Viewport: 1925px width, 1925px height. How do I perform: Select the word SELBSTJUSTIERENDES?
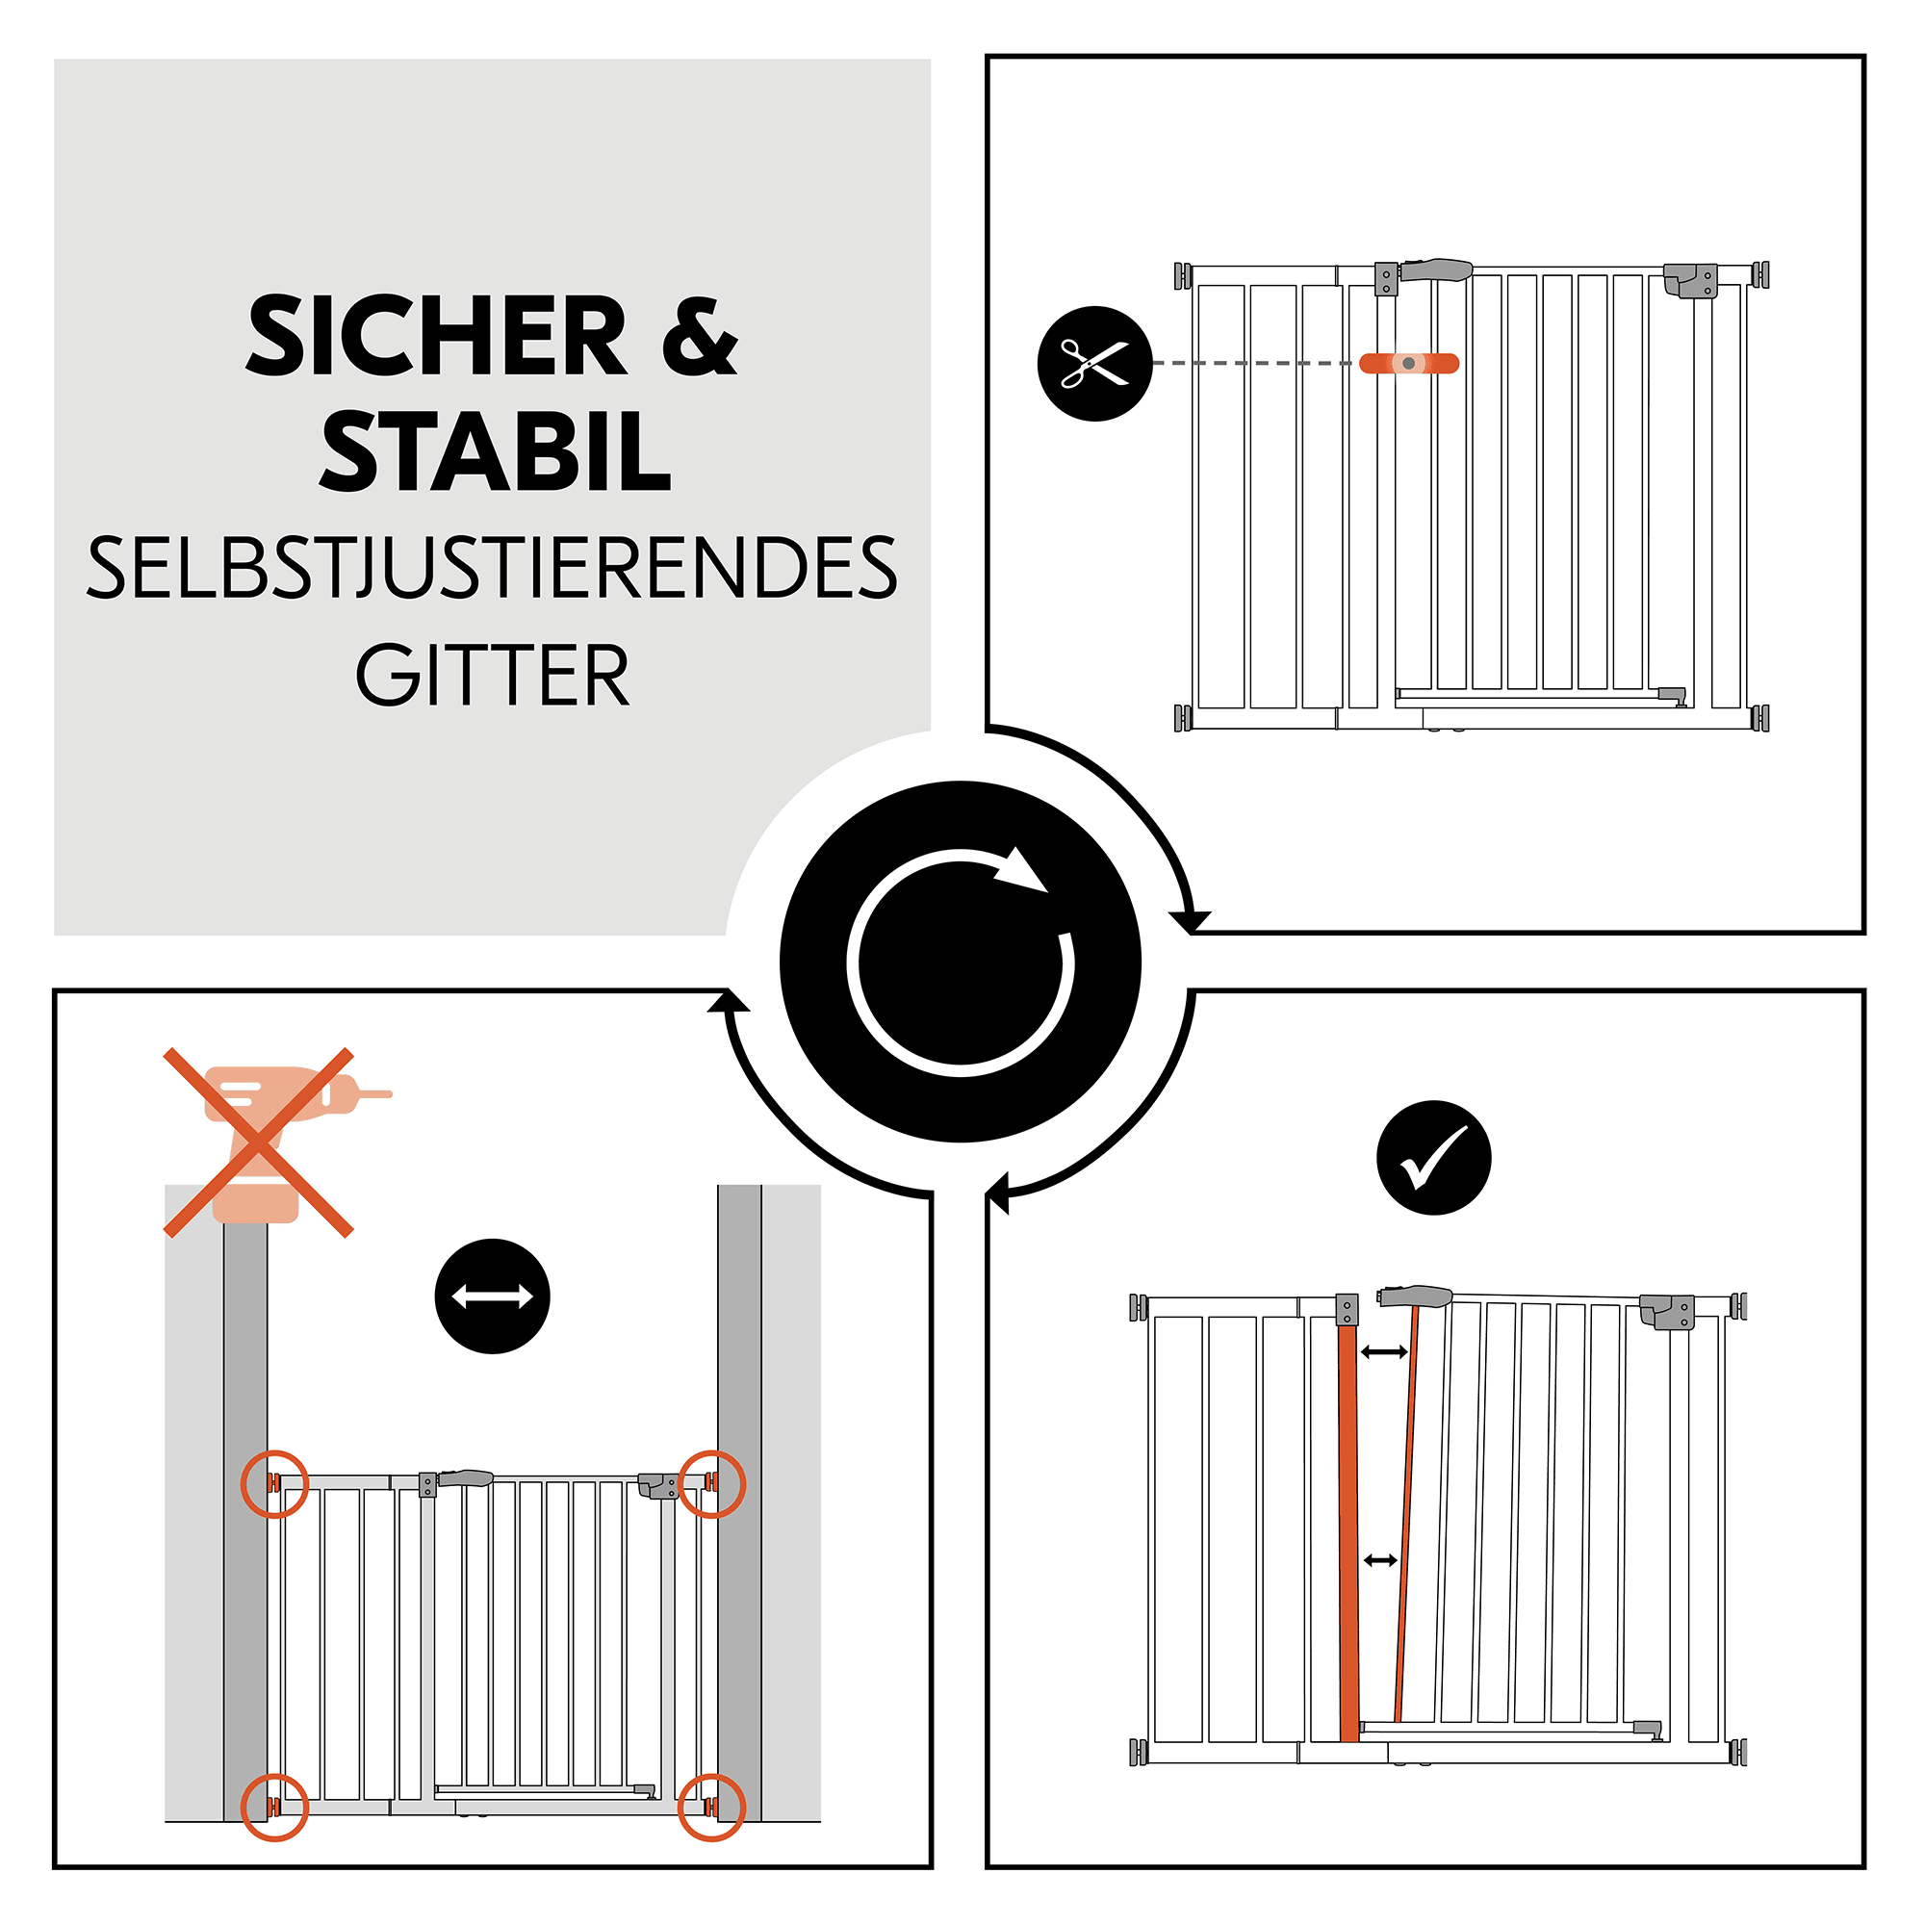point(492,568)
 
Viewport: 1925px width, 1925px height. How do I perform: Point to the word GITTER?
point(492,676)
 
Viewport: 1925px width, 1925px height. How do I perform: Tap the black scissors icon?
point(1094,364)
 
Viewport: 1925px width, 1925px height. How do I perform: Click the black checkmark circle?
point(1433,1158)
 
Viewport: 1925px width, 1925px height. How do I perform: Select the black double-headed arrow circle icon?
point(492,1296)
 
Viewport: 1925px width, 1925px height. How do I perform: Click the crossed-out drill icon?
point(259,1142)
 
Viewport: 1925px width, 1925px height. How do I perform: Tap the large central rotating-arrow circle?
point(961,962)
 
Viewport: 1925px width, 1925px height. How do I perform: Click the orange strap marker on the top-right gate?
point(1409,364)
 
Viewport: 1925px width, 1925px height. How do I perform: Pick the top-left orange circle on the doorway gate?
point(275,1483)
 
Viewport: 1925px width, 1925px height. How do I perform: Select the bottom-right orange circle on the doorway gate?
point(711,1808)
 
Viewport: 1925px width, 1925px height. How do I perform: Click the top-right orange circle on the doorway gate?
point(711,1483)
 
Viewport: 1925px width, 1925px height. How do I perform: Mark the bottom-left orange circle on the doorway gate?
point(275,1808)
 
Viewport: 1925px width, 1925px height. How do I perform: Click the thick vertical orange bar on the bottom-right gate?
point(1348,1534)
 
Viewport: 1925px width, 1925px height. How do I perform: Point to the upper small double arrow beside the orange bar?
point(1384,1352)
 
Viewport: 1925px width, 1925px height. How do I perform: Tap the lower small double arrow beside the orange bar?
point(1380,1560)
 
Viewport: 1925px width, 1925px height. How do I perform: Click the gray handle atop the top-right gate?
point(1436,269)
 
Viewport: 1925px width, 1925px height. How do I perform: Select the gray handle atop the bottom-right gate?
point(1415,1296)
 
